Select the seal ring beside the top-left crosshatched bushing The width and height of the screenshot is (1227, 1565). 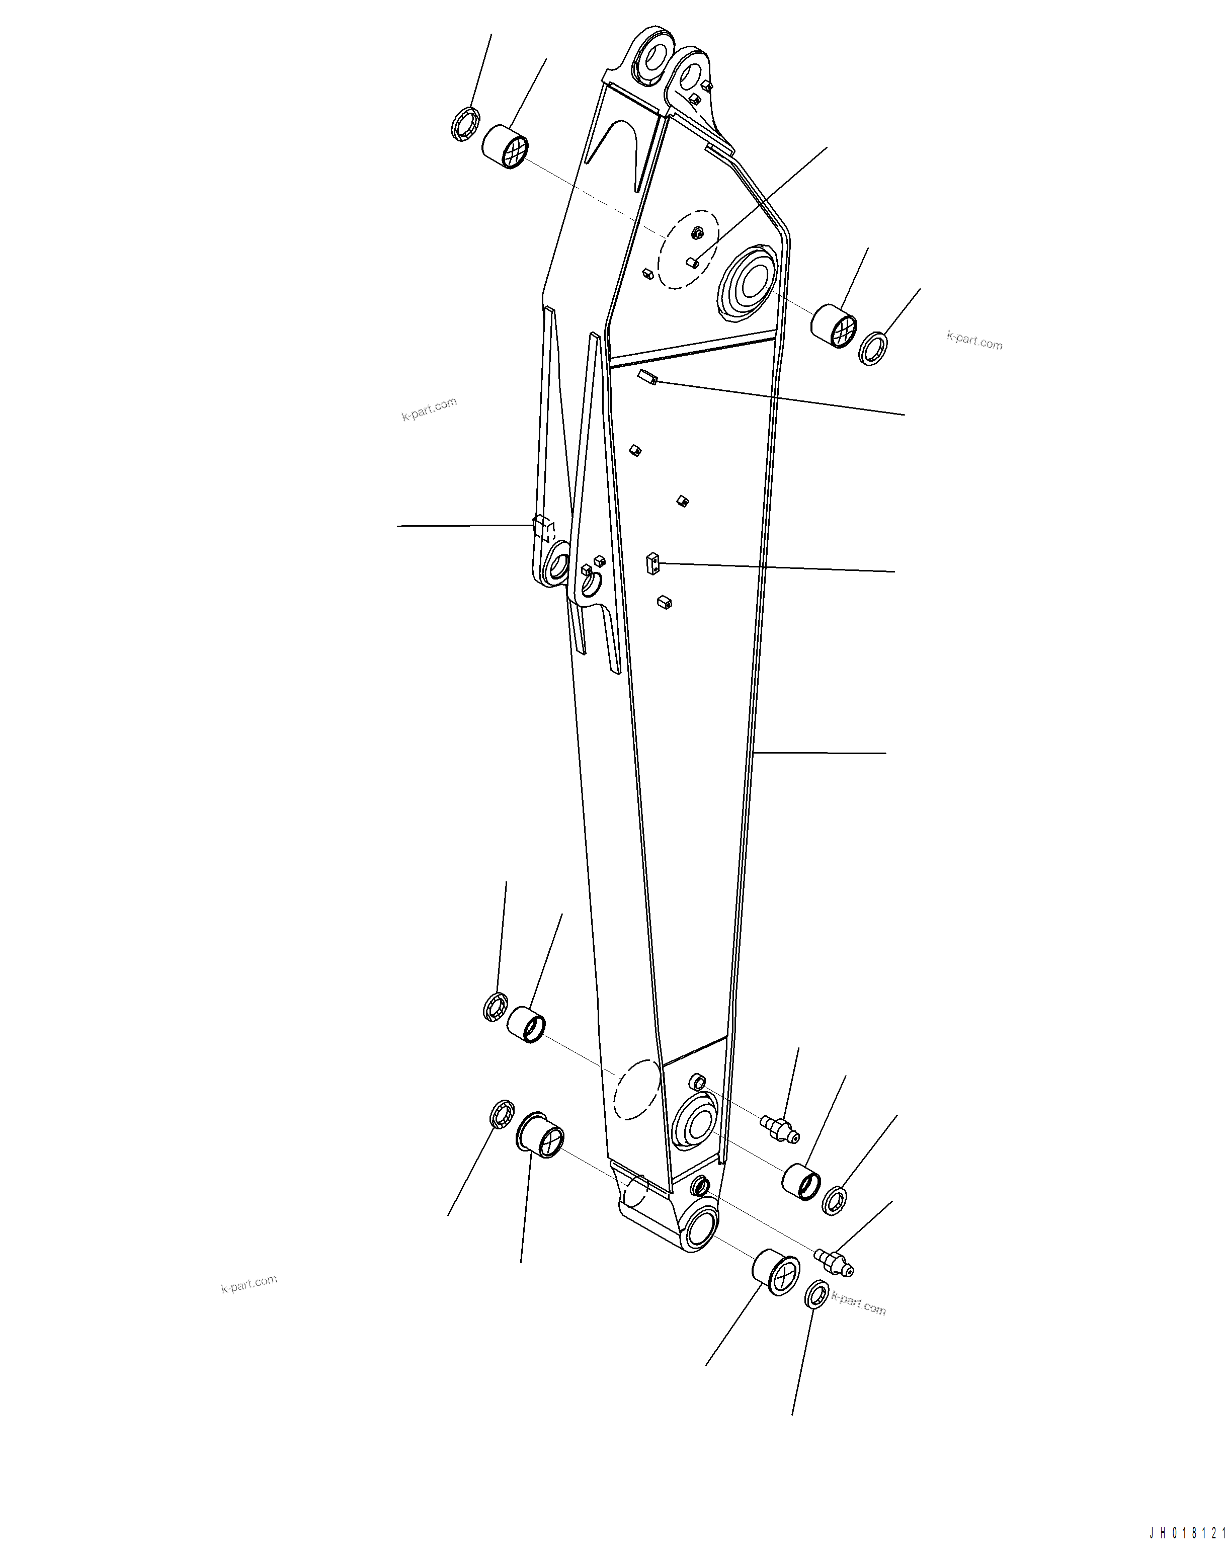click(x=465, y=124)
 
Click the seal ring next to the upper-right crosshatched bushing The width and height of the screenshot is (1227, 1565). click(x=873, y=348)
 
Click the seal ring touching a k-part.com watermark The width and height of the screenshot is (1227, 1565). click(x=816, y=1295)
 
